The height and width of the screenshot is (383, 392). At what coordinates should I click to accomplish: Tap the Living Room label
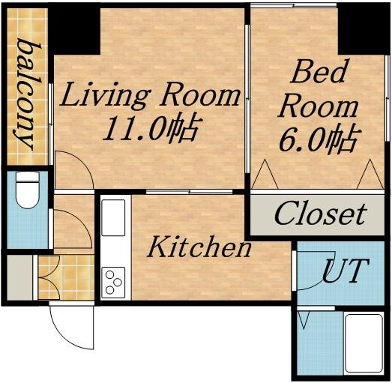click(x=149, y=95)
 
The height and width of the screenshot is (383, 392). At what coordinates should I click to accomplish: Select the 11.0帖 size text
click(x=149, y=129)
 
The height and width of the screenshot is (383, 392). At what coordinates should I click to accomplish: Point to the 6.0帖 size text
click(x=318, y=139)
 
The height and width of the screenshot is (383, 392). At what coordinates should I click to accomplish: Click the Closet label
click(x=320, y=214)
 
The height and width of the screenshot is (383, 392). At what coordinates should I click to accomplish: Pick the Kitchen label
click(x=199, y=247)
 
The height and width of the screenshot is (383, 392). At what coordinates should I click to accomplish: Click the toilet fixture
click(x=28, y=190)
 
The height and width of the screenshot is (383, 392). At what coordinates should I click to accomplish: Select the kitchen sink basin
click(x=113, y=218)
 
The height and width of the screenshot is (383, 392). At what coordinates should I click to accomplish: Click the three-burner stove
click(x=113, y=283)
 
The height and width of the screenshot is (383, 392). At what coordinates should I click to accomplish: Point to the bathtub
click(x=364, y=344)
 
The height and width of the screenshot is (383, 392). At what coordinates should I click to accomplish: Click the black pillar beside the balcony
click(x=74, y=31)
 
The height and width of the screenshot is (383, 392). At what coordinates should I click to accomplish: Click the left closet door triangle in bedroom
click(x=265, y=174)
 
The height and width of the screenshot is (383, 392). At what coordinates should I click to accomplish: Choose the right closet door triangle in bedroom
click(x=370, y=174)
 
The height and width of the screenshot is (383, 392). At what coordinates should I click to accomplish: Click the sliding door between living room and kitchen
click(x=189, y=192)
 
